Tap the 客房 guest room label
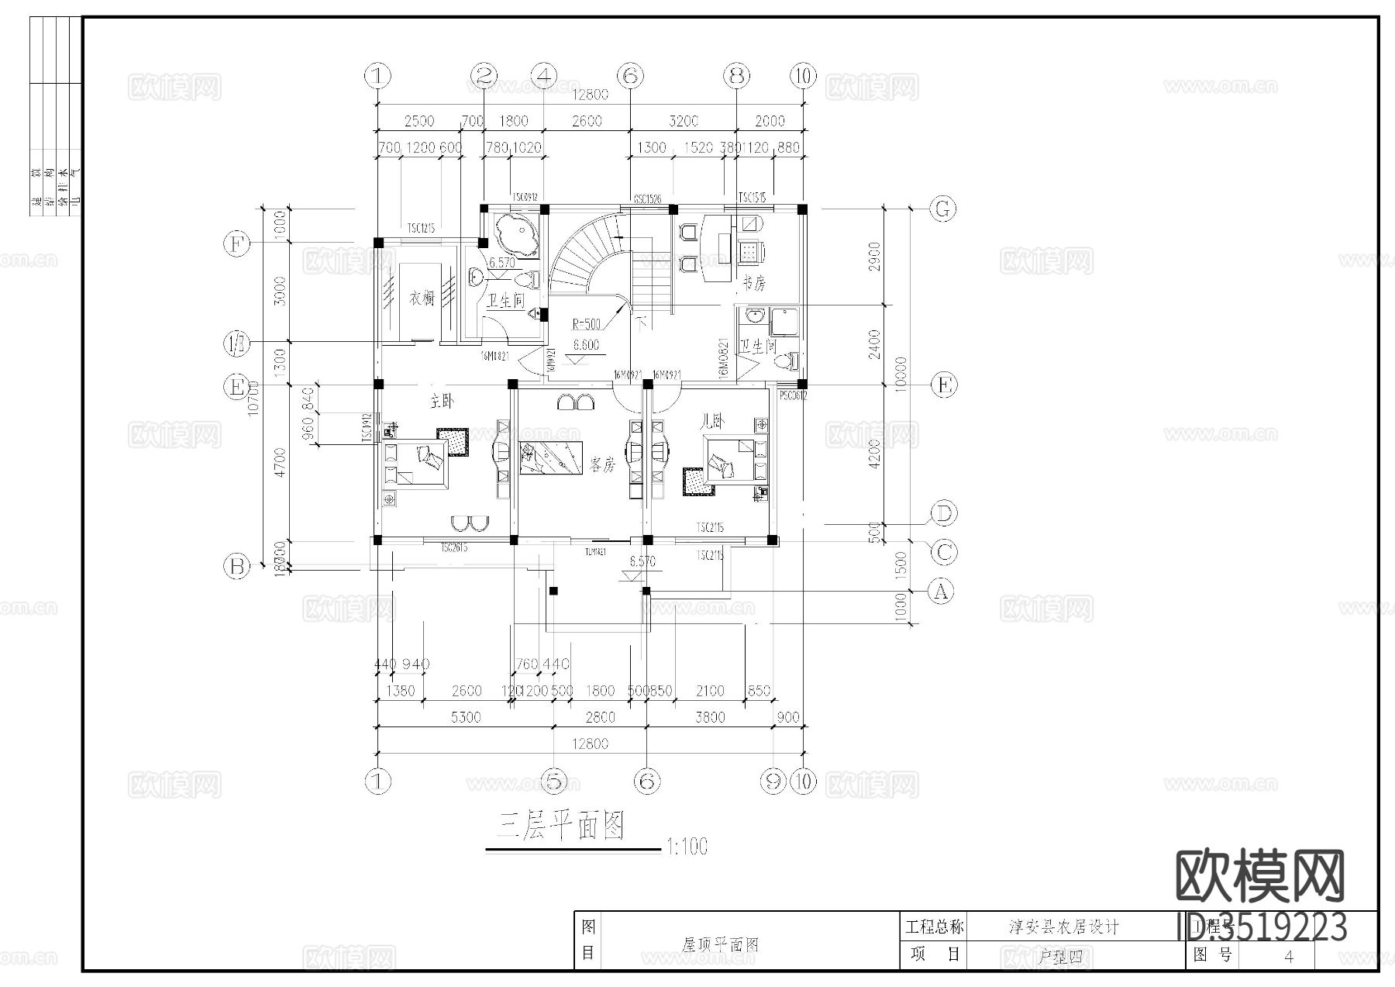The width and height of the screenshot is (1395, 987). point(602,464)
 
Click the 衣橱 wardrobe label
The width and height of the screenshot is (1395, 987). point(422,299)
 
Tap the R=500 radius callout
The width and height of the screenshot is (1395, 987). point(587,324)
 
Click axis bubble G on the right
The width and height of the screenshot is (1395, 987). point(943,209)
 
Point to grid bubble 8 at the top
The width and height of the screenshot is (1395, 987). point(736,76)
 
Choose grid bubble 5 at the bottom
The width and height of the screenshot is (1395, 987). point(553,782)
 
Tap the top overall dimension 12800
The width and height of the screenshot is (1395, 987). point(590,95)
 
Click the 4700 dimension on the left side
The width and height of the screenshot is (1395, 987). point(280,462)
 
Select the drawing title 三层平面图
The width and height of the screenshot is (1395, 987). point(560,827)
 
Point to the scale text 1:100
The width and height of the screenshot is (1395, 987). point(686,847)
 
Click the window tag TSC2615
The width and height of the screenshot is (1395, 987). point(454,547)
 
